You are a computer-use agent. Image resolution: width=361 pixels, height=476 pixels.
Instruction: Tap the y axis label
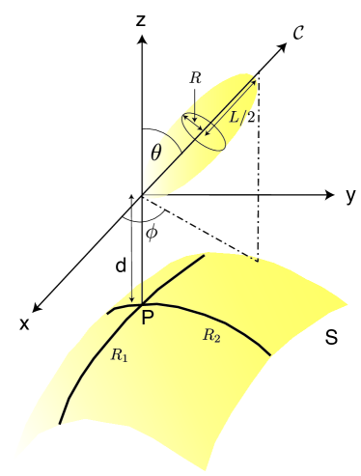(351, 197)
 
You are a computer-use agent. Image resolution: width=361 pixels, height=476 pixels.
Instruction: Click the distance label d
(117, 263)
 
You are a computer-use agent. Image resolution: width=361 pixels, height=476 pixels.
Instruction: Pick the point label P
(148, 318)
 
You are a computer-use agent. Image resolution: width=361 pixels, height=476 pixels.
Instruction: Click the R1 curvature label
(118, 355)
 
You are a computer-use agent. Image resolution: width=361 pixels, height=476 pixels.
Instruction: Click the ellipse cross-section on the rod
(204, 132)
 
